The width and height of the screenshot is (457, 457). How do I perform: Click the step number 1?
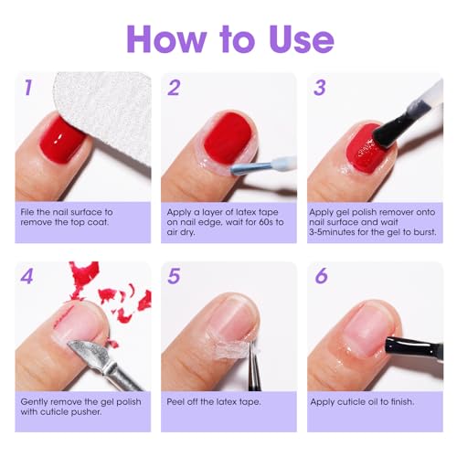[x=28, y=89]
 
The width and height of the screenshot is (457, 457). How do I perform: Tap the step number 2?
[x=174, y=89]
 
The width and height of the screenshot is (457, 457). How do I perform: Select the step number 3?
[x=320, y=89]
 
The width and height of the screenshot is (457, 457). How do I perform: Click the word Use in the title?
[x=292, y=38]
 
